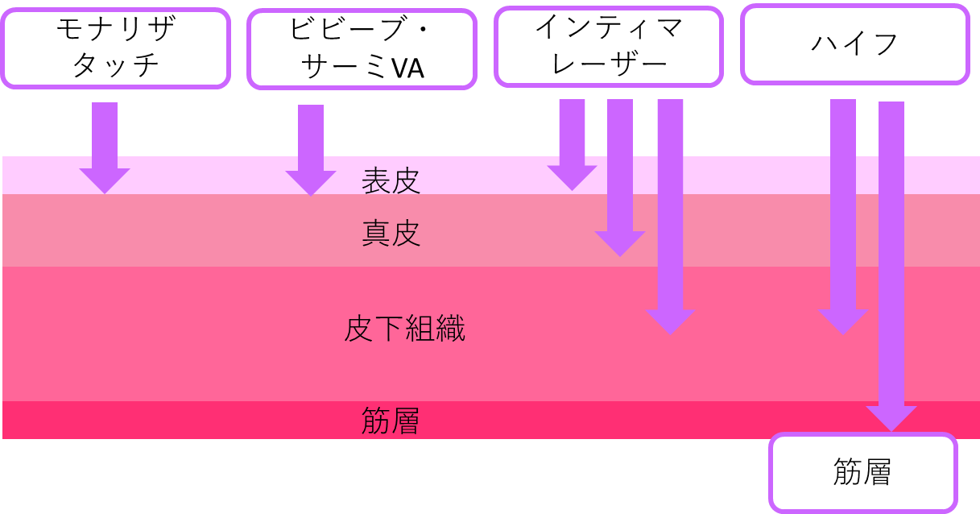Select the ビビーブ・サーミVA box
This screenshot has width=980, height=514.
tap(362, 49)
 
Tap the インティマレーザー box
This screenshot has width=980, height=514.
tap(609, 46)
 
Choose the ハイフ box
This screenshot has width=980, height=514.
tap(854, 44)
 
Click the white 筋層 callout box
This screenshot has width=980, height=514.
tap(862, 473)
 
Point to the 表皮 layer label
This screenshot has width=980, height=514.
tap(391, 181)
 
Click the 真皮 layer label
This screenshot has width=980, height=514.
tap(391, 234)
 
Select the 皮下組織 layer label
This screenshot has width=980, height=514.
tap(404, 329)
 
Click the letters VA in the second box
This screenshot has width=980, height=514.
tap(407, 69)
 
